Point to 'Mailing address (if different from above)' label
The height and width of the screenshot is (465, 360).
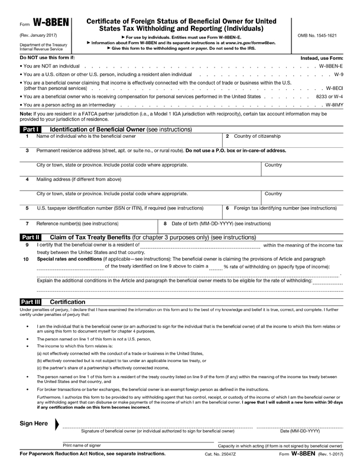pyautogui.click(x=79, y=179)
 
